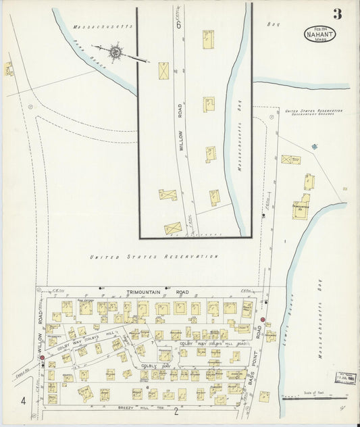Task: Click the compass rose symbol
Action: click(115, 51)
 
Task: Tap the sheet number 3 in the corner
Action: click(336, 14)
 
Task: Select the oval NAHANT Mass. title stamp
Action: click(319, 33)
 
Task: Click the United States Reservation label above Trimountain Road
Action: click(154, 257)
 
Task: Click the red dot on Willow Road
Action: click(42, 357)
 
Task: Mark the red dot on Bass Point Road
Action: click(263, 320)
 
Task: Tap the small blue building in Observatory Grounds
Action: click(314, 146)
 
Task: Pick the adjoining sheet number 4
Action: click(24, 402)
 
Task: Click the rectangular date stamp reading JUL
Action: click(346, 378)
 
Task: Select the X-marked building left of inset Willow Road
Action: click(163, 71)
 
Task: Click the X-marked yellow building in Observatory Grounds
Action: click(290, 159)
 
